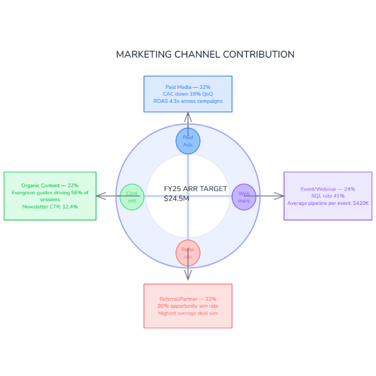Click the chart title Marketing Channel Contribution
pyautogui.click(x=205, y=55)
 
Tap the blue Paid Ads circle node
pyautogui.click(x=188, y=140)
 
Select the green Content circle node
pyautogui.click(x=132, y=197)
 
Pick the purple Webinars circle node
pyautogui.click(x=244, y=197)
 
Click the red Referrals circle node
pyautogui.click(x=188, y=253)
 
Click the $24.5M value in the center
pyautogui.click(x=176, y=199)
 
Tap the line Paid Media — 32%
pyautogui.click(x=188, y=86)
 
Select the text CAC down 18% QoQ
pyautogui.click(x=188, y=94)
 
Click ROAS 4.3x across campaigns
pyautogui.click(x=188, y=101)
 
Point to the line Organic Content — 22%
pyautogui.click(x=50, y=185)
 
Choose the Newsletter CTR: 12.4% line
pyautogui.click(x=50, y=207)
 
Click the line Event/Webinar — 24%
pyautogui.click(x=328, y=189)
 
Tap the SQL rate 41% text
pyautogui.click(x=328, y=196)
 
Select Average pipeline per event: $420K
pyautogui.click(x=328, y=203)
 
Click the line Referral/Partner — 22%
pyautogui.click(x=188, y=299)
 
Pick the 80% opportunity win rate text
pyautogui.click(x=188, y=306)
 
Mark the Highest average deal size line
pyautogui.click(x=188, y=313)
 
